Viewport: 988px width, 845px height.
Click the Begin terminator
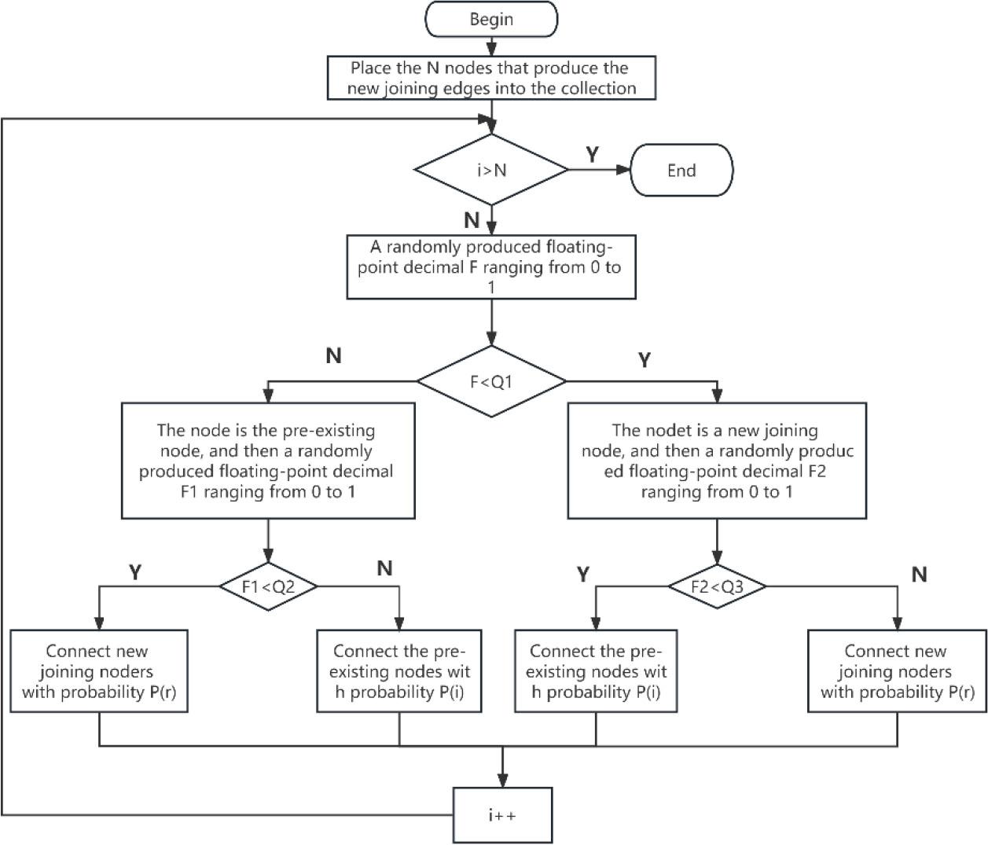click(x=491, y=20)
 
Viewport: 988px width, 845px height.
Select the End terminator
click(x=681, y=170)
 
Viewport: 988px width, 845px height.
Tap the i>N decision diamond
click(x=491, y=170)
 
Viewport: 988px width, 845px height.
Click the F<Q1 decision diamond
click(x=491, y=382)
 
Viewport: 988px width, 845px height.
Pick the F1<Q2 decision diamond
click(x=268, y=586)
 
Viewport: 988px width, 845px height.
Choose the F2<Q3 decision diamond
click(x=717, y=586)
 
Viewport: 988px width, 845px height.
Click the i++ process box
click(x=502, y=815)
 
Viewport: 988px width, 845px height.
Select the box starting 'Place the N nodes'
click(x=491, y=78)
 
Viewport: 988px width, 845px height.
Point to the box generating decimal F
click(x=491, y=266)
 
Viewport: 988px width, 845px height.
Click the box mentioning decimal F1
click(x=268, y=461)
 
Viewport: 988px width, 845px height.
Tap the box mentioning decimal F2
click(x=717, y=461)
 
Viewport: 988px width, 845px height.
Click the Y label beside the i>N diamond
click(x=593, y=155)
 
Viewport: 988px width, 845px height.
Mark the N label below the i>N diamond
click(x=472, y=220)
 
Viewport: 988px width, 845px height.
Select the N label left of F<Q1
click(x=333, y=356)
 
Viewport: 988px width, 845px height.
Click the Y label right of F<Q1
click(x=645, y=360)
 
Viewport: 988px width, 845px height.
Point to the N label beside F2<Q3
click(x=919, y=575)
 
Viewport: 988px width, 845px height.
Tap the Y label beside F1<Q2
click(x=135, y=572)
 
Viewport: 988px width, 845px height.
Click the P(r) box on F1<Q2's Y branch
click(x=99, y=671)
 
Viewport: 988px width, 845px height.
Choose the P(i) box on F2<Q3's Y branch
click(x=596, y=671)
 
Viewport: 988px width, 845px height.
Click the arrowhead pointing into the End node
click(x=625, y=170)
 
